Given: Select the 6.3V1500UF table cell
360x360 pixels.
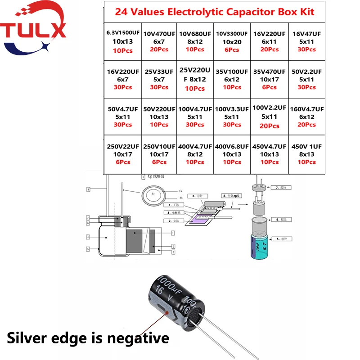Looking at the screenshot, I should point(122,42).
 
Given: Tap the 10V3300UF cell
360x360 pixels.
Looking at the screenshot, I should point(232,41).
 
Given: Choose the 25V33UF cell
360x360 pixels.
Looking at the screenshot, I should point(159,79).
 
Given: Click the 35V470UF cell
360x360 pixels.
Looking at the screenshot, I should point(269,79).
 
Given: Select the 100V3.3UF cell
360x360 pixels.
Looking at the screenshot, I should point(232,117).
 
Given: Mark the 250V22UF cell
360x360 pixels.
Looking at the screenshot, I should point(122,154).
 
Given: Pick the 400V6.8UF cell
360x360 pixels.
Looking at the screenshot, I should point(232,154).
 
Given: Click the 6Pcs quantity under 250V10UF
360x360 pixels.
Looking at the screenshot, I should point(159,162).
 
